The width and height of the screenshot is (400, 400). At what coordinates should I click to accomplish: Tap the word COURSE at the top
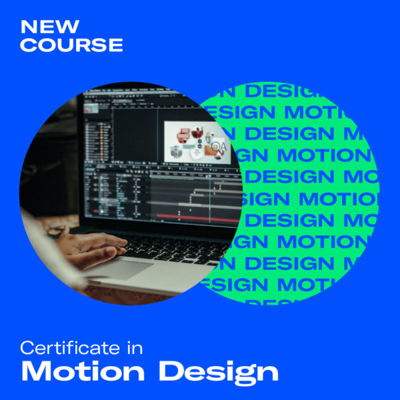(72, 45)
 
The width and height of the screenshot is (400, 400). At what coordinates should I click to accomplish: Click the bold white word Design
(217, 371)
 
